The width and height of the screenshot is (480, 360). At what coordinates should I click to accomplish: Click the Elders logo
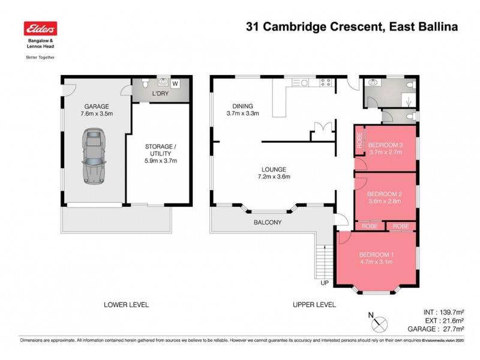click(x=40, y=29)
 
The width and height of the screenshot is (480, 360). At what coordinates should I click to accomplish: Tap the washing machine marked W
click(x=176, y=83)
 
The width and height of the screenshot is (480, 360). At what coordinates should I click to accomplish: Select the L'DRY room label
click(x=160, y=95)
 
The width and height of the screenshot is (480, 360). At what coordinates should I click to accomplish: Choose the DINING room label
click(x=242, y=109)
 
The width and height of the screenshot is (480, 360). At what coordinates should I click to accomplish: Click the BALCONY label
click(x=267, y=223)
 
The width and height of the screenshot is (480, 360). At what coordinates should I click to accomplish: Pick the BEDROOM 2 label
click(x=384, y=197)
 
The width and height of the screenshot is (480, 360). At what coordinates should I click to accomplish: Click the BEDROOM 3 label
click(x=385, y=149)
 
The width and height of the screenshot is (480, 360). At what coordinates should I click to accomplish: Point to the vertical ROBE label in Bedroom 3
click(x=359, y=140)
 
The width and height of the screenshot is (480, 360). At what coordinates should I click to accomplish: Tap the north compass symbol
click(x=377, y=322)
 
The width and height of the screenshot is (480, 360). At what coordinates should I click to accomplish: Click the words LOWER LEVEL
click(x=125, y=305)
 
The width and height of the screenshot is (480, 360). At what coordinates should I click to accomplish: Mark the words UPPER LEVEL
click(x=314, y=305)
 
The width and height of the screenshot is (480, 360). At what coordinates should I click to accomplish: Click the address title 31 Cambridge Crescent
click(x=302, y=26)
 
